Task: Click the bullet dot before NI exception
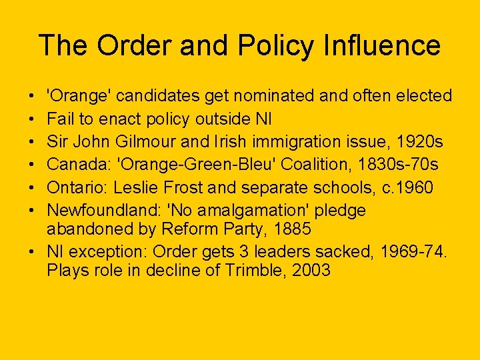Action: [33, 253]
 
